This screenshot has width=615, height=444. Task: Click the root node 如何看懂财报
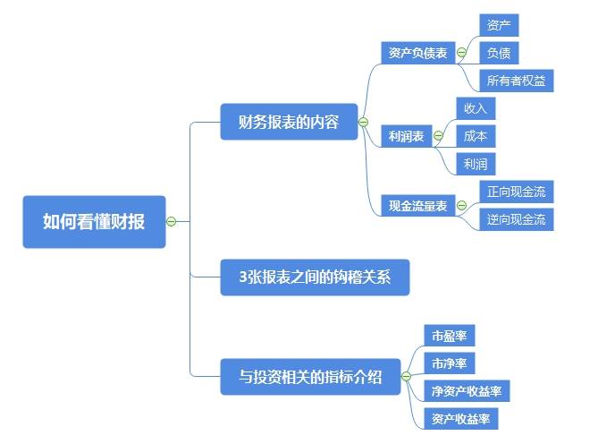[94, 221]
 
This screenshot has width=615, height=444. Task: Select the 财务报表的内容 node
[288, 122]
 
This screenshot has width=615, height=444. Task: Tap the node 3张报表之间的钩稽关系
[315, 277]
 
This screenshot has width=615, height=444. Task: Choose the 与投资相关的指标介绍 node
[309, 377]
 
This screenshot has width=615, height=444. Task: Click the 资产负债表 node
[417, 53]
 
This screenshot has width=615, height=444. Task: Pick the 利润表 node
[406, 136]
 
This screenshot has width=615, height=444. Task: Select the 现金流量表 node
[417, 206]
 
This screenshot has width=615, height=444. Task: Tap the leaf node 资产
[498, 25]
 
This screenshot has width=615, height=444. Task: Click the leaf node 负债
[498, 53]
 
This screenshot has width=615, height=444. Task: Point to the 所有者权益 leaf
[516, 81]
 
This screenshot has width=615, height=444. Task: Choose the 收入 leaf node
[475, 108]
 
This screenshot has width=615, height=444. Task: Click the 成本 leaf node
[475, 136]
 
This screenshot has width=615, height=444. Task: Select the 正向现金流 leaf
[516, 192]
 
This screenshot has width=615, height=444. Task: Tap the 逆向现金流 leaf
[516, 219]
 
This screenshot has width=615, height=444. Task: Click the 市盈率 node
[449, 336]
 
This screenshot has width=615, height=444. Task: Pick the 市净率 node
[449, 363]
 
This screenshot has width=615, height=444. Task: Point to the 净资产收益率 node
[466, 391]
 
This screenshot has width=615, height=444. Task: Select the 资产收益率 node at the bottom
[460, 419]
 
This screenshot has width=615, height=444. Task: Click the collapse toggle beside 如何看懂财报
[172, 221]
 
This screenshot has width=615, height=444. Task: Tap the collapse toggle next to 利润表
[438, 136]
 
